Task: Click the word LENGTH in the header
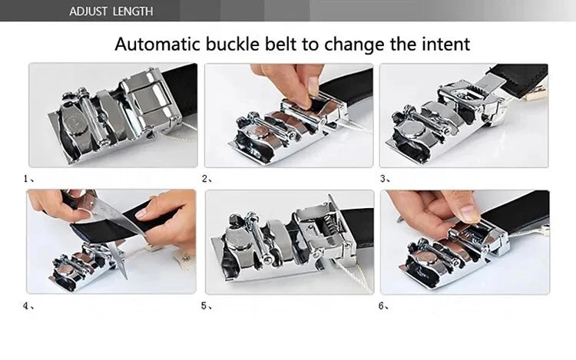(134, 11)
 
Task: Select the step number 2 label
(206, 178)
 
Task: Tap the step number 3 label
(384, 178)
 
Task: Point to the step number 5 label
(206, 305)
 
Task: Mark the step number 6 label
(384, 305)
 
